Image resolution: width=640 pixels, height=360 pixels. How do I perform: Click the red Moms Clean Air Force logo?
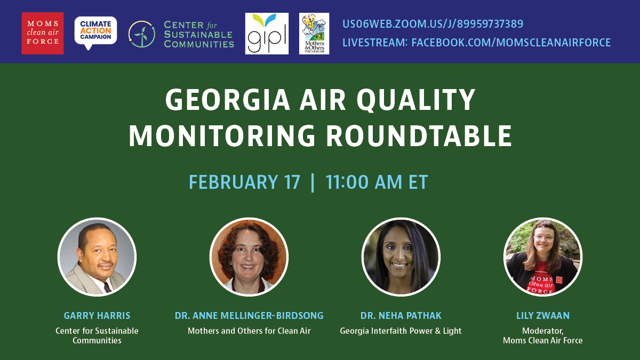coord(43,33)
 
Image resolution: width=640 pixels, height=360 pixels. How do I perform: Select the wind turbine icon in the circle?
coord(142,34)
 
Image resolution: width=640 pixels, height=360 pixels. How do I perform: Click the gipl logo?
coord(267,34)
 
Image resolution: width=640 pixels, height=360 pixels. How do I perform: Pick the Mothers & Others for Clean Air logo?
coord(314,34)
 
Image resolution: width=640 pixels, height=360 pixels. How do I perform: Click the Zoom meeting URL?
coord(433,23)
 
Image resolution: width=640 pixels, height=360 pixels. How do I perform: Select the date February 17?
coord(245,182)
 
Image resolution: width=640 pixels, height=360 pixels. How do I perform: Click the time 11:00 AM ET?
coord(377,182)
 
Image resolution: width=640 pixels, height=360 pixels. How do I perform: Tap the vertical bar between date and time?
coord(313,182)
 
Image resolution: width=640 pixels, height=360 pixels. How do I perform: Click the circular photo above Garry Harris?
coord(97,257)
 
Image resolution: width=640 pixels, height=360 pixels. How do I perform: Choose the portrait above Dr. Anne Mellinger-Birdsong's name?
coord(249,257)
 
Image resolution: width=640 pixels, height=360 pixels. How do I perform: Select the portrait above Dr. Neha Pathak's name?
coord(401,257)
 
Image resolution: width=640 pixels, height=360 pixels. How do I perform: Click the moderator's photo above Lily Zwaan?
coord(543,257)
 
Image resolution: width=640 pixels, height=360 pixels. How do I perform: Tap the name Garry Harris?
coord(97,315)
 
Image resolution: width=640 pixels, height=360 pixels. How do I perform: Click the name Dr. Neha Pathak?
coord(401,315)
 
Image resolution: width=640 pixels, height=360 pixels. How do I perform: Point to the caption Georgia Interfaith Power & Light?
coord(401,331)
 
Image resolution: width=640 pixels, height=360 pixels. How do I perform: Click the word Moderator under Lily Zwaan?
coord(542,331)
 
